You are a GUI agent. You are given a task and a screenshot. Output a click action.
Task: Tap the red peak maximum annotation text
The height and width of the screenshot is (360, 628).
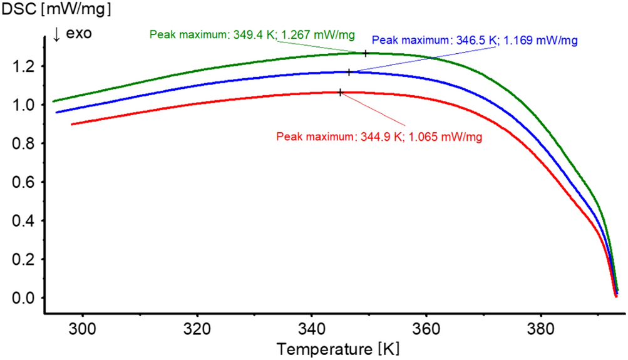(379, 136)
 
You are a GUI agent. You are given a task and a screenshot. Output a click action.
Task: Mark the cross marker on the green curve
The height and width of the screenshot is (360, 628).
(366, 53)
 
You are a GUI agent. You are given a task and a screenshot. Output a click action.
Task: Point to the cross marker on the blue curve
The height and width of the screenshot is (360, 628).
(349, 72)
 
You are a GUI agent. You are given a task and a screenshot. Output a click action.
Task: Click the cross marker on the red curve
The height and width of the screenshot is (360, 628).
(340, 92)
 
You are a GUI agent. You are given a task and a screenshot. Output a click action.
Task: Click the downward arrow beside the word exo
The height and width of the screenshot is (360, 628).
(57, 34)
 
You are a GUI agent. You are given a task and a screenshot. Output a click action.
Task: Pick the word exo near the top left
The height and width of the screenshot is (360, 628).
(80, 34)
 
